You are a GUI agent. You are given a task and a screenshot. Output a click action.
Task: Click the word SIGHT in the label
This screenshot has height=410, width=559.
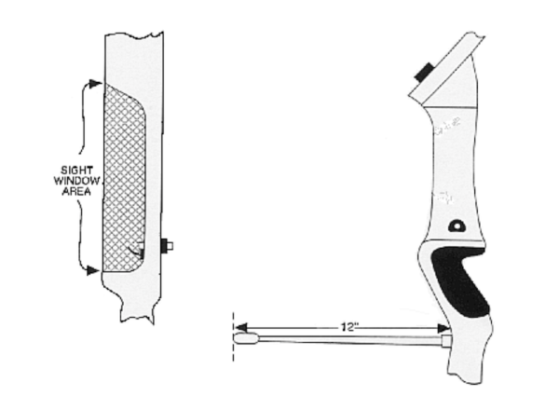(76, 171)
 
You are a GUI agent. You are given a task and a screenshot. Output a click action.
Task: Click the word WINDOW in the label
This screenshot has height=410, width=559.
(76, 181)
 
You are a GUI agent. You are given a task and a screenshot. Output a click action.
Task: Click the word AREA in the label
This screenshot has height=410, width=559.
(76, 191)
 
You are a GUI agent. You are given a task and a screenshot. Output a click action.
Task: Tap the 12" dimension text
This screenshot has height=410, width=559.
(347, 327)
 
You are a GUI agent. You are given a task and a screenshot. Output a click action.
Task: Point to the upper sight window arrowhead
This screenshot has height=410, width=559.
(96, 84)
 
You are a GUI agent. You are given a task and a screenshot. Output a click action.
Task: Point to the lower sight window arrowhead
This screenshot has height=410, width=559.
(93, 270)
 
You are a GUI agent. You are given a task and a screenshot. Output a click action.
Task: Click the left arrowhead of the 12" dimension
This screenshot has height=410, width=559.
(241, 327)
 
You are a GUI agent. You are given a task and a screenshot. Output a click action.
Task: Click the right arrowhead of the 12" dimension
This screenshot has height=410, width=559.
(443, 328)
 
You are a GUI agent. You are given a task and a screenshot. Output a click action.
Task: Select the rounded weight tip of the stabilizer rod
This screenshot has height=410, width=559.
(246, 338)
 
